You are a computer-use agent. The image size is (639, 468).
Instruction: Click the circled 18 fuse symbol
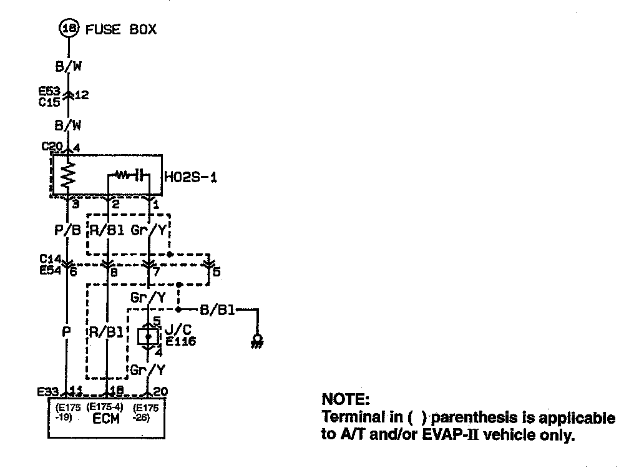point(68,29)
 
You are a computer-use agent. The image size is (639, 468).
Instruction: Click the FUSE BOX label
point(120,29)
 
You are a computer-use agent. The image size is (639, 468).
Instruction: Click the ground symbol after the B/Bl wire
point(256,341)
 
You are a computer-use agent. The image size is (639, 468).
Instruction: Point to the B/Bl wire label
point(217,310)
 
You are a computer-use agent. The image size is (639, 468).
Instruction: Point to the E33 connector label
point(48,392)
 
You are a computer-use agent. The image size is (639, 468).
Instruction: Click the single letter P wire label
point(67,332)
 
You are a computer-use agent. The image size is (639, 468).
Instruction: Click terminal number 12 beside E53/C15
point(82,95)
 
